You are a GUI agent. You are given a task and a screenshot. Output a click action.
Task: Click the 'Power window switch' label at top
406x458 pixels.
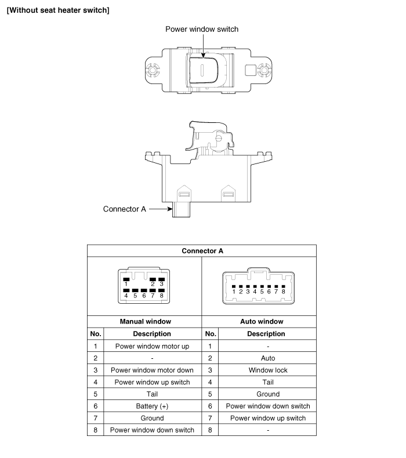point(201,30)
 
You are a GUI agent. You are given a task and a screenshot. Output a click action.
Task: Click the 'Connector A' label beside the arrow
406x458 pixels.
point(124,209)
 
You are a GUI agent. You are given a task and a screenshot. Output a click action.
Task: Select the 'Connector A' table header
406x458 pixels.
point(202,250)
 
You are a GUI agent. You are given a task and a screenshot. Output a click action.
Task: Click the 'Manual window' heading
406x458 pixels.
point(145,321)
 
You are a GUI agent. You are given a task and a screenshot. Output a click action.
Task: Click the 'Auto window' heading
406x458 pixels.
point(261,321)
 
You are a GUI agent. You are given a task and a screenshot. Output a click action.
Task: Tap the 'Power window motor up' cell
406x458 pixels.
point(152,346)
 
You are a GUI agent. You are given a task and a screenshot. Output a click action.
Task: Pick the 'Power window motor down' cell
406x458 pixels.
point(152,370)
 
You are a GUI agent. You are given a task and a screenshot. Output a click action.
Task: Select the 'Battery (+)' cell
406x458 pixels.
point(152,406)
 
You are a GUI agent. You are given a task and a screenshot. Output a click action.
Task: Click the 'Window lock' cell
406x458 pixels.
point(267,370)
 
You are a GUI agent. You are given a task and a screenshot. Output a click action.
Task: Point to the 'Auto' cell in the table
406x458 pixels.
point(267,358)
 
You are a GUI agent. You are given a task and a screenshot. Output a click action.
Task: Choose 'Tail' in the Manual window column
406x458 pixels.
point(152,394)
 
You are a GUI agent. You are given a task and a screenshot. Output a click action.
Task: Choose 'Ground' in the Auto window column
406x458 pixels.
point(267,394)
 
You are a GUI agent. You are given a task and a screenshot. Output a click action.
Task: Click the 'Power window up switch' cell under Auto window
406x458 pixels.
point(267,418)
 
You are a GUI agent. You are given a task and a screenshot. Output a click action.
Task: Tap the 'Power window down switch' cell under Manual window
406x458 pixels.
point(152,430)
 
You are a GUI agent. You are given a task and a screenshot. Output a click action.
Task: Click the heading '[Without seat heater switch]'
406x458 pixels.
point(58,10)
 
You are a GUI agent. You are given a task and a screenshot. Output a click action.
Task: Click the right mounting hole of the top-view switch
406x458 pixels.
point(264,71)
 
